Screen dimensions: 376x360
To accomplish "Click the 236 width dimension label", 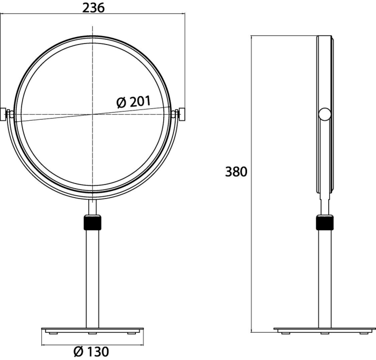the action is click(93, 8).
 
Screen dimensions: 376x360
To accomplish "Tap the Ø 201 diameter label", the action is click(134, 102).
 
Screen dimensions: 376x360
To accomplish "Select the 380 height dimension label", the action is click(236, 172).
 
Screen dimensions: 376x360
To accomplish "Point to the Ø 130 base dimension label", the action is click(91, 351).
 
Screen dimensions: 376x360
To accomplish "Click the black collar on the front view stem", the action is click(92, 223).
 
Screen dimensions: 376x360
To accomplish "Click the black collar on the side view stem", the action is click(324, 223).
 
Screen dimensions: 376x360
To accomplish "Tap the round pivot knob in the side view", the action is click(325, 114).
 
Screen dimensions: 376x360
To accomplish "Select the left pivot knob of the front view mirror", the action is click(3, 114).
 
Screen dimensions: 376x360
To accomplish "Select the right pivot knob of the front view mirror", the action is click(182, 114).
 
